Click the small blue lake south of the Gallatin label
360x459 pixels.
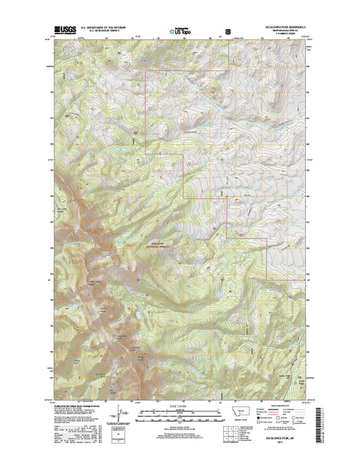coord(138,278)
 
